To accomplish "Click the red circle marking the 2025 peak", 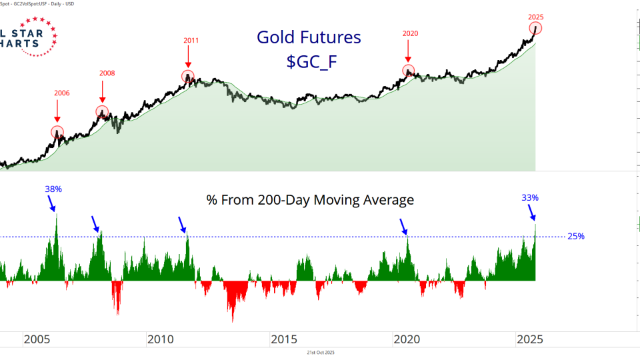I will (536, 28).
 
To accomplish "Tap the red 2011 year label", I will (191, 40).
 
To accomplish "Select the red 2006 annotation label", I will (61, 93).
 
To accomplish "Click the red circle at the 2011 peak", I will (187, 77).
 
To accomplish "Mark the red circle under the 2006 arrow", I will (57, 132).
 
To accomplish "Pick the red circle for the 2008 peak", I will (102, 111).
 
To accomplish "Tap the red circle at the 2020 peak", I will (408, 70).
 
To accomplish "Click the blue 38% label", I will (53, 189).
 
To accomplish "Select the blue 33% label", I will (530, 197).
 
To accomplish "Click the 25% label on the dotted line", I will (575, 236).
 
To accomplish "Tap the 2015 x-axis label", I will (284, 339).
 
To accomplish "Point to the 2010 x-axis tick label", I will (160, 339).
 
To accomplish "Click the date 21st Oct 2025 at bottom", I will (320, 353).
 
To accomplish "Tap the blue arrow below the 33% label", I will (532, 213).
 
